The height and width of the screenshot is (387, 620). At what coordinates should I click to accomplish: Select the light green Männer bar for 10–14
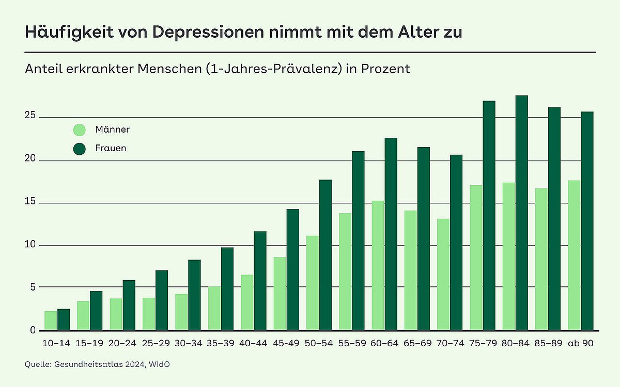pyautogui.click(x=51, y=320)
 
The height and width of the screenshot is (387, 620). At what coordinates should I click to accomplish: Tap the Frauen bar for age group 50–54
pyautogui.click(x=325, y=255)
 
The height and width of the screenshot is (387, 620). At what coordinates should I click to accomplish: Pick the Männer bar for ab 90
pyautogui.click(x=574, y=255)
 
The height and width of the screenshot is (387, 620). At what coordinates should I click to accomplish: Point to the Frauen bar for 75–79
pyautogui.click(x=489, y=216)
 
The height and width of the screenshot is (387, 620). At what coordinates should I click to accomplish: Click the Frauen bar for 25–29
pyautogui.click(x=162, y=300)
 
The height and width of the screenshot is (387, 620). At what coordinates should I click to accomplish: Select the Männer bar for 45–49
pyautogui.click(x=280, y=294)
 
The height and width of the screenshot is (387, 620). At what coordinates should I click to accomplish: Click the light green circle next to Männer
pyautogui.click(x=80, y=130)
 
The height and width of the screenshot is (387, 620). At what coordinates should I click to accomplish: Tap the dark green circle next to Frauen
pyautogui.click(x=80, y=149)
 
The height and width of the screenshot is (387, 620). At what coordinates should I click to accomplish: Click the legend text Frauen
pyautogui.click(x=111, y=149)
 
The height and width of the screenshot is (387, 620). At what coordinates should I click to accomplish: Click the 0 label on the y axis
pyautogui.click(x=33, y=330)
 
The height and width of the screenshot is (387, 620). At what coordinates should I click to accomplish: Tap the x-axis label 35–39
pyautogui.click(x=221, y=343)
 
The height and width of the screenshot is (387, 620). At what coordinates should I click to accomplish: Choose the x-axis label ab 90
pyautogui.click(x=580, y=343)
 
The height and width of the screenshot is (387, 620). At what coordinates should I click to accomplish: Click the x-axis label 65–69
pyautogui.click(x=417, y=343)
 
